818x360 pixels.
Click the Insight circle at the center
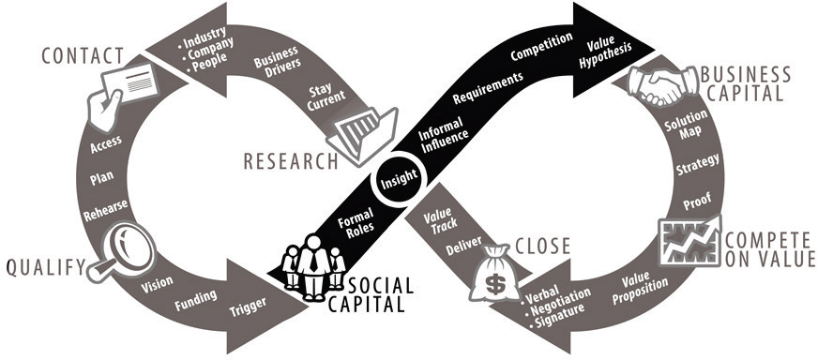click(x=399, y=179)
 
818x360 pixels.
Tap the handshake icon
click(x=662, y=86)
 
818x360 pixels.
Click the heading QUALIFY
click(x=45, y=267)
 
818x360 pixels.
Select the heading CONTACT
click(x=83, y=56)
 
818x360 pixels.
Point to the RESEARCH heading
click(x=291, y=162)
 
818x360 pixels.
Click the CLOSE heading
click(x=542, y=247)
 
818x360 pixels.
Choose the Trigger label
click(x=249, y=307)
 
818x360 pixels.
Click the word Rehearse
click(x=105, y=211)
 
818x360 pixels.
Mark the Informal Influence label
click(x=441, y=136)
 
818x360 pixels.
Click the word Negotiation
click(x=559, y=299)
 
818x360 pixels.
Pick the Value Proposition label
click(x=640, y=289)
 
